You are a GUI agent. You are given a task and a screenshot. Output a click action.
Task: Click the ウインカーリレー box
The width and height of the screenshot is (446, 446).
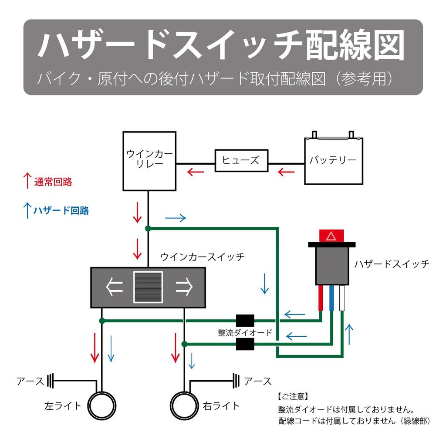[149, 161]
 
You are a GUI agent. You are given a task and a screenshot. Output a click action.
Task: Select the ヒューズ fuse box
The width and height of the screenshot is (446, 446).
[241, 160]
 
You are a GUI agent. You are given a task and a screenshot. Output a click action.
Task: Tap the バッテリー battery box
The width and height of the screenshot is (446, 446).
[333, 161]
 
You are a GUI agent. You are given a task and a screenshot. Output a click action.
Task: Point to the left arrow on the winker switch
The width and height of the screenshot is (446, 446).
[114, 287]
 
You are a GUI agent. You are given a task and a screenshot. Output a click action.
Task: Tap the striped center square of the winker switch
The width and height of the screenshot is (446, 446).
[148, 287]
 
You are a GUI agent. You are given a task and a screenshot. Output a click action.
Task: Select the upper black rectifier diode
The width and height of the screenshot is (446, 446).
[245, 321]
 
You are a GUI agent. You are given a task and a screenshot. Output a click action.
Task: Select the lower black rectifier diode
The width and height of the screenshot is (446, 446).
[245, 345]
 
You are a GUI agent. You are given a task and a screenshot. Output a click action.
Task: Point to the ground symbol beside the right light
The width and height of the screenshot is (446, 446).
[237, 381]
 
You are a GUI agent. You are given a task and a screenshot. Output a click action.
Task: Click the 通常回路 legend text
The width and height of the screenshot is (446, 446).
[53, 182]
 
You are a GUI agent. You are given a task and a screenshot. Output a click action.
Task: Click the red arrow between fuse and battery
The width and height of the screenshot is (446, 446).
[286, 172]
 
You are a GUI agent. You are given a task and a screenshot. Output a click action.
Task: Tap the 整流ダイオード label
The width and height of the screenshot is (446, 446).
[245, 333]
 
